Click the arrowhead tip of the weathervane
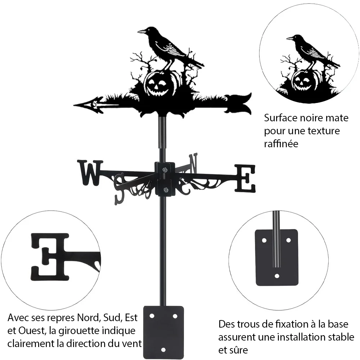74,105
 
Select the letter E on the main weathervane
245,178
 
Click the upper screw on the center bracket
165,170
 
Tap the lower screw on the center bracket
165,190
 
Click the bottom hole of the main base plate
163,350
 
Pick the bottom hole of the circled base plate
277,276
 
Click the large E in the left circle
50,257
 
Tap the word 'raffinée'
281,144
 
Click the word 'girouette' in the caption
80,330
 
